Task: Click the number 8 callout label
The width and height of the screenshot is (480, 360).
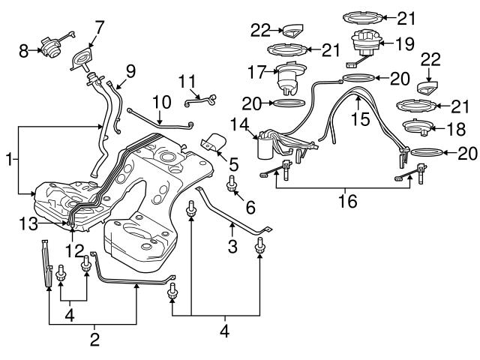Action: pos(24,52)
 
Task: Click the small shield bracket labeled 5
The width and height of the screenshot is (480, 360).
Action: pos(214,142)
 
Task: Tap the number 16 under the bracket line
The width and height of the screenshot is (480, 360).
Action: pos(346,201)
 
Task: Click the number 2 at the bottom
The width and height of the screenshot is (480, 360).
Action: pos(94,340)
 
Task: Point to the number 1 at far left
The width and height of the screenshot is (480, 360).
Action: pos(8,160)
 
